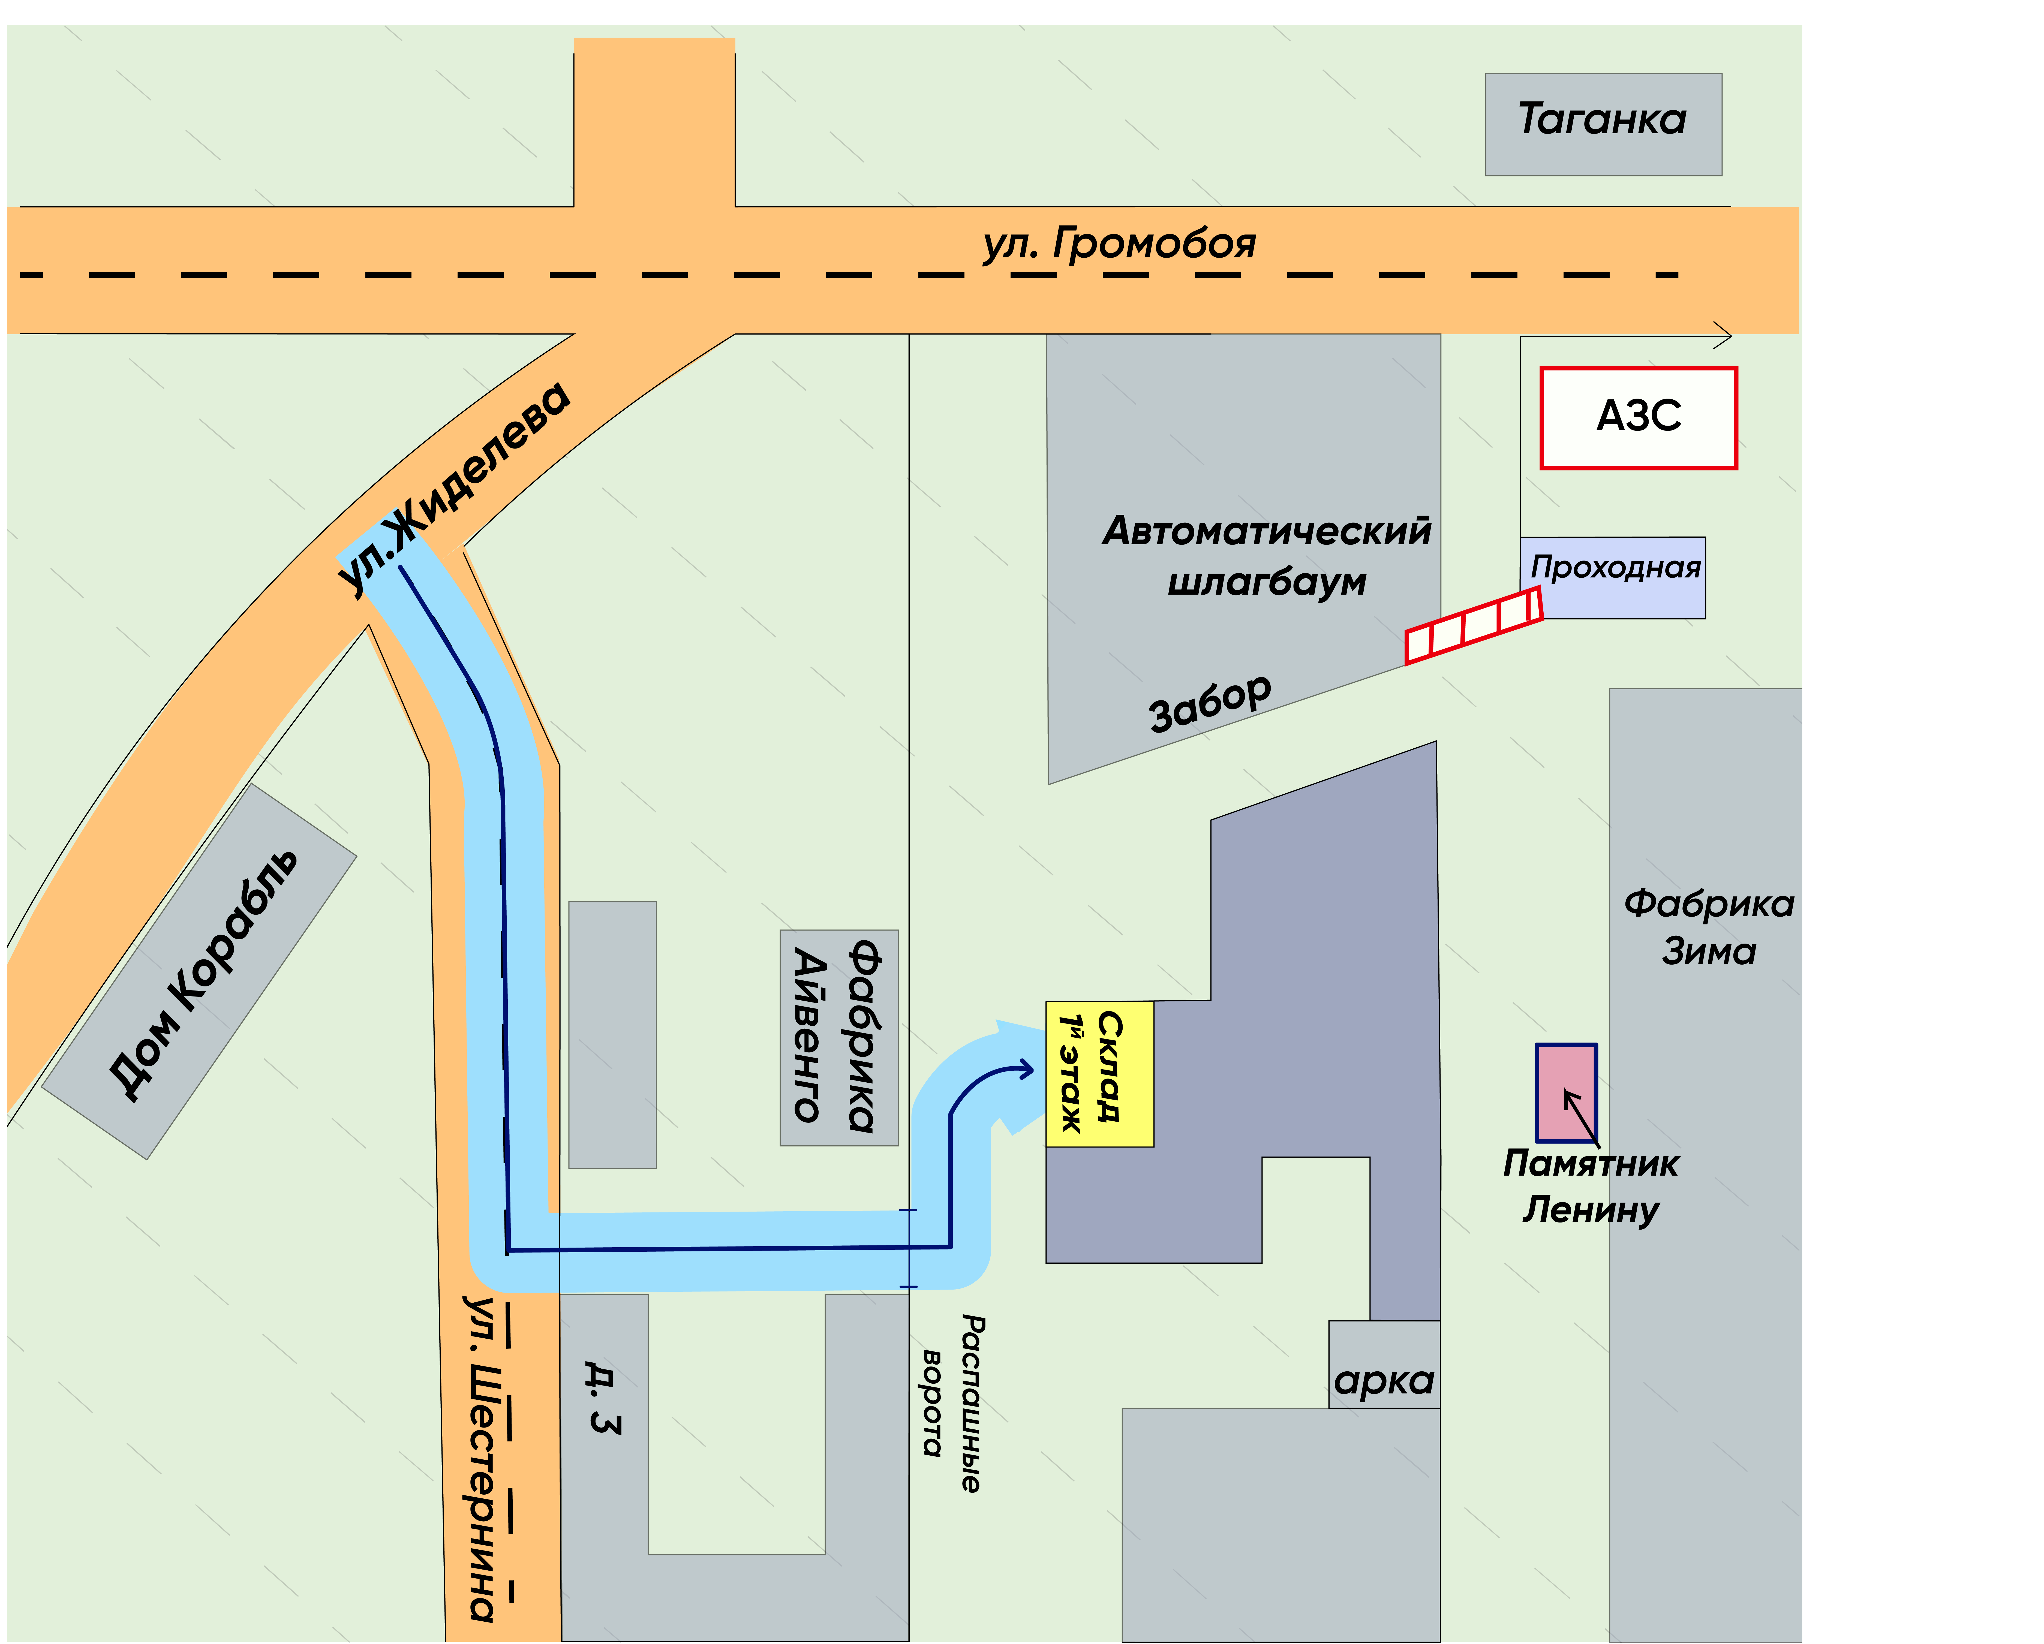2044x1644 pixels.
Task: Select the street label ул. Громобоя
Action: pos(1119,244)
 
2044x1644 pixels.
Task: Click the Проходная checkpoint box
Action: pos(1613,578)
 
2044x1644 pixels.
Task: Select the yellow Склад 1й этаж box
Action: pos(1100,1074)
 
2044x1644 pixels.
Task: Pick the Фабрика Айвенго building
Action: pos(839,1038)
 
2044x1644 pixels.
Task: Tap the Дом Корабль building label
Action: pos(204,974)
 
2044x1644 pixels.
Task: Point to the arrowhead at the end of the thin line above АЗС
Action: pos(1724,336)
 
